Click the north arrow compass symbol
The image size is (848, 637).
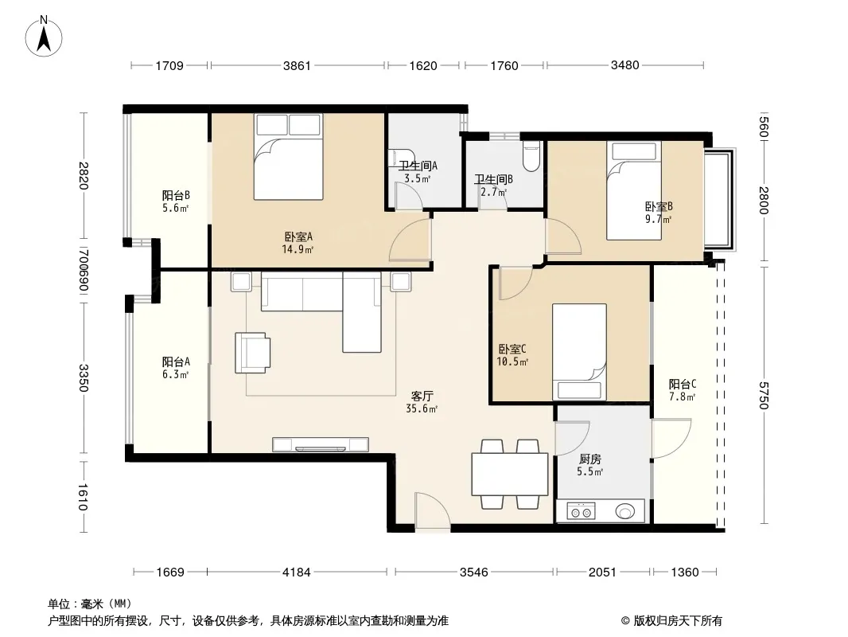(x=44, y=37)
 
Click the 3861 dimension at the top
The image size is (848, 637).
(x=297, y=65)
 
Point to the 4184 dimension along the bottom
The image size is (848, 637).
(x=297, y=572)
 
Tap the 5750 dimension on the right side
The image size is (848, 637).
(x=763, y=395)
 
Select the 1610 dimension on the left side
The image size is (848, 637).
(x=83, y=497)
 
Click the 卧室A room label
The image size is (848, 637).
(x=298, y=236)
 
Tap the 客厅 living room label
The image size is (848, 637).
(x=422, y=397)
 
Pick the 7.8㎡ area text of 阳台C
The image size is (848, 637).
(x=682, y=397)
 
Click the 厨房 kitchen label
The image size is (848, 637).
(x=589, y=459)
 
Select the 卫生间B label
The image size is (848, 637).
(x=494, y=179)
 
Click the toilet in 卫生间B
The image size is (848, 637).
(x=531, y=156)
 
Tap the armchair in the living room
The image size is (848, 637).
(x=252, y=352)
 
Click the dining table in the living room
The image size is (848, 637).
(x=510, y=475)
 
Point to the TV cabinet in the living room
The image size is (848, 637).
(x=321, y=444)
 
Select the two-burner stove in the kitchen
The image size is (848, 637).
(x=581, y=511)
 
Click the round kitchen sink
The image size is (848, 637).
(x=625, y=511)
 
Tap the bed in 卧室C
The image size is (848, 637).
(x=579, y=352)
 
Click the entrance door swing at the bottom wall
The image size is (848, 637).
(x=432, y=511)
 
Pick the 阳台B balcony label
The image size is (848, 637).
(x=176, y=195)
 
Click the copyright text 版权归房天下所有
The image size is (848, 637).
(x=677, y=621)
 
